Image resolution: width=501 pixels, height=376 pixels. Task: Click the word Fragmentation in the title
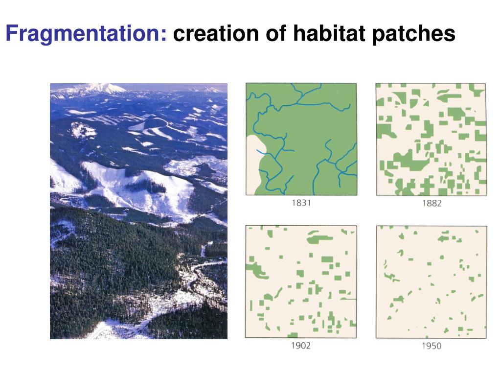click(86, 34)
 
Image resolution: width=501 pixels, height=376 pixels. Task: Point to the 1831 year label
click(301, 203)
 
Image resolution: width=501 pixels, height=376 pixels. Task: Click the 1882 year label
click(431, 203)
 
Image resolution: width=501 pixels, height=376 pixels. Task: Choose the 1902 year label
click(300, 346)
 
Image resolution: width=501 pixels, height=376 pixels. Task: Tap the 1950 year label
click(431, 346)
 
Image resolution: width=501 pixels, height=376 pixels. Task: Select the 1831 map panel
click(301, 139)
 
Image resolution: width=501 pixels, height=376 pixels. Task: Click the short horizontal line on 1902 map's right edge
click(349, 298)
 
